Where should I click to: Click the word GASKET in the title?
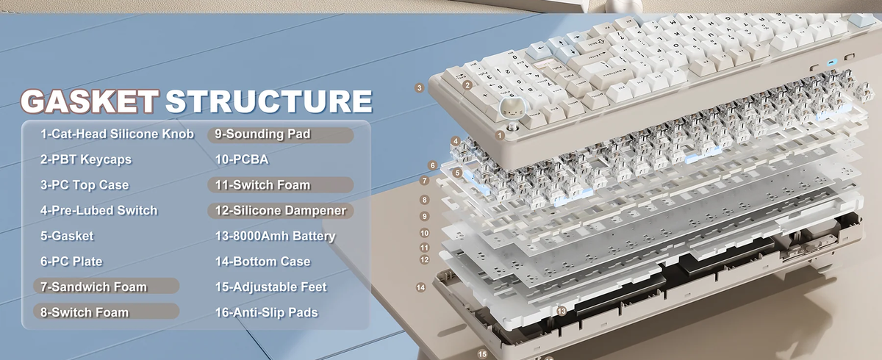coord(90,101)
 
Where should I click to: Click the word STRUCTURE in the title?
coord(269,101)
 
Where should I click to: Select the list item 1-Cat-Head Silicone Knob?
coord(118,134)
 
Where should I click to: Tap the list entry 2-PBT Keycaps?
coord(86,159)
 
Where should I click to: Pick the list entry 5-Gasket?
coord(67,236)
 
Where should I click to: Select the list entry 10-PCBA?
coord(242,159)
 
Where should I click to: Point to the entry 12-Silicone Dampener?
coord(280,211)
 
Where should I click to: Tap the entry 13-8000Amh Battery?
coord(275,236)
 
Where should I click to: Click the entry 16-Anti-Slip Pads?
coord(266,312)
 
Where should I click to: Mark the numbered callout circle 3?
coord(420,88)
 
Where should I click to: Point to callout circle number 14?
coord(421,287)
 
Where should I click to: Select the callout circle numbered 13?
coord(562,312)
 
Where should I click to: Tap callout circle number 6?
coord(433,165)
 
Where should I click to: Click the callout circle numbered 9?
coord(425,216)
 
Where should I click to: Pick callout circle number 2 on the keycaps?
coord(467,85)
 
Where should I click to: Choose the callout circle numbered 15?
coord(482,354)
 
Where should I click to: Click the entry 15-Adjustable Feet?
coord(271,287)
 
